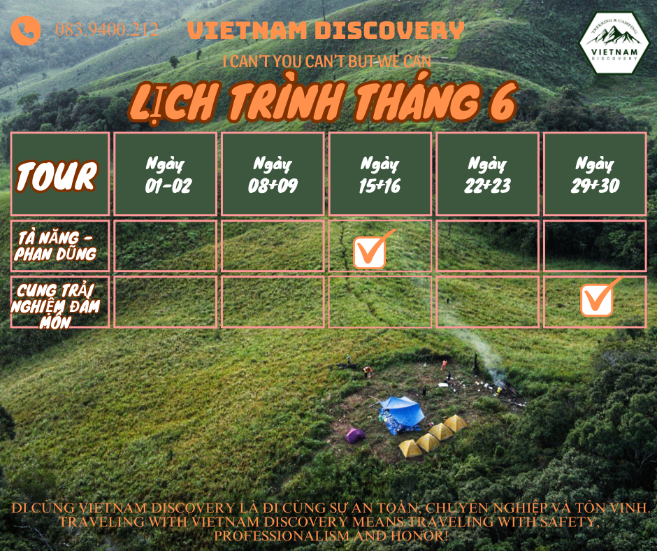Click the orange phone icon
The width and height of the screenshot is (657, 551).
[x=26, y=30]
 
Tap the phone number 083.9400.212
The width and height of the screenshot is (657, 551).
[x=106, y=30]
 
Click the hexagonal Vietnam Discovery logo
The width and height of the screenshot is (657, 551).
[x=614, y=43]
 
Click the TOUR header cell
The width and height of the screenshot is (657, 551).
[x=60, y=174]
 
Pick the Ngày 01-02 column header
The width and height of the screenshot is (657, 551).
[x=165, y=174]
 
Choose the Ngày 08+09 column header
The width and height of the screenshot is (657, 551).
[x=273, y=174]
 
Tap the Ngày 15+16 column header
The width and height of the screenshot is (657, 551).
[x=380, y=174]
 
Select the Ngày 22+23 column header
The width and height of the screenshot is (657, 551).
[x=487, y=174]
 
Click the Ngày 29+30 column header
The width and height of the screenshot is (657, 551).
[x=595, y=174]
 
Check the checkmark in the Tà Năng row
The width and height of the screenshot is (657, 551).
[x=371, y=250]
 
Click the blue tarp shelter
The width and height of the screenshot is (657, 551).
[x=401, y=414]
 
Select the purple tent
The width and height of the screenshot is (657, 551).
[x=354, y=435]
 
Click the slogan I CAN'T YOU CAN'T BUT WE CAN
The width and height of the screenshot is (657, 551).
[x=327, y=62]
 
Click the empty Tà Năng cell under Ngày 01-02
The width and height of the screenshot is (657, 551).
[x=165, y=245]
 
